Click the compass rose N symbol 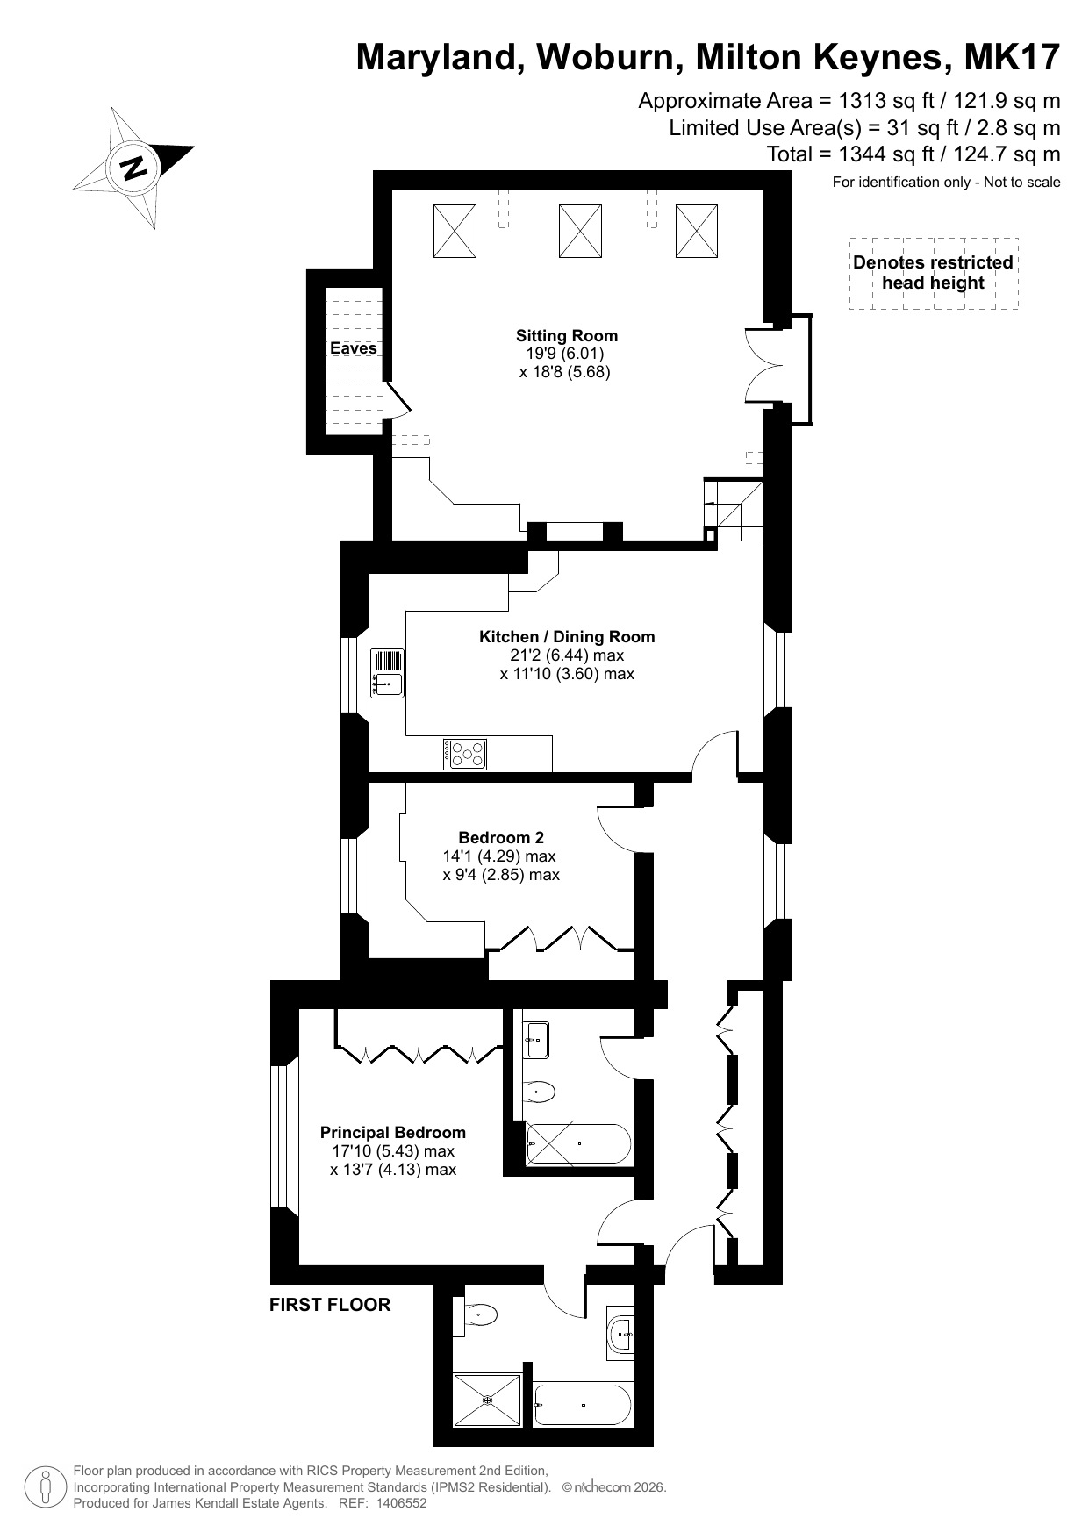134,167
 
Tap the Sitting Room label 567,335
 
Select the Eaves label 354,348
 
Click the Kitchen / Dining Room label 567,637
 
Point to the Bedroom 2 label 501,838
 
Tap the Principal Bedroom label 393,1133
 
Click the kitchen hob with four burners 465,755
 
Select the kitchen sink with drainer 387,673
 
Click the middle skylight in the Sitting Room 580,231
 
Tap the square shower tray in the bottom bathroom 487,1400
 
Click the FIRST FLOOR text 330,1305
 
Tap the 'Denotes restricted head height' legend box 934,273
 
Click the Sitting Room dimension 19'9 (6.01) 565,354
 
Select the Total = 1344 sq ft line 913,154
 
